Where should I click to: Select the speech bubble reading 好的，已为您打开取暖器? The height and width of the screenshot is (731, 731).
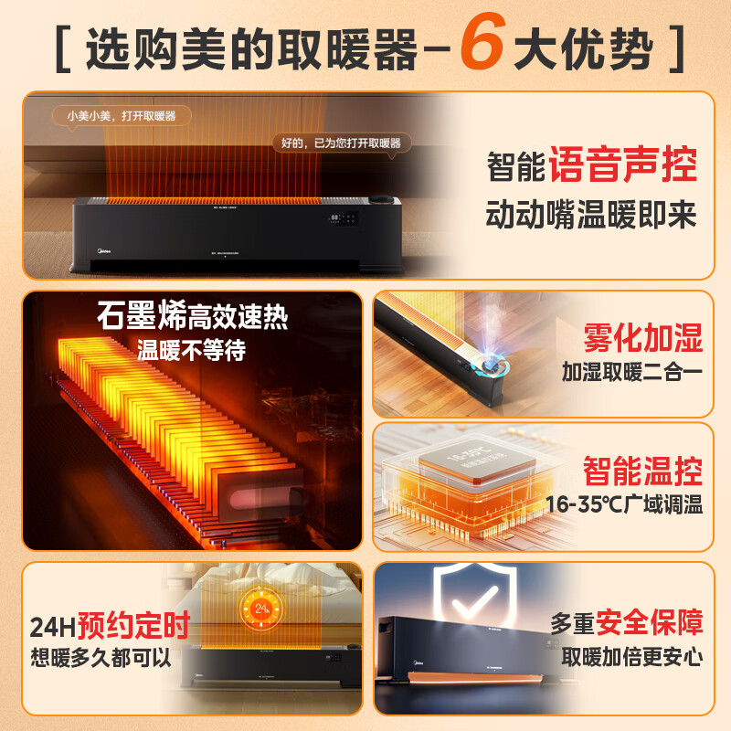pyautogui.click(x=341, y=143)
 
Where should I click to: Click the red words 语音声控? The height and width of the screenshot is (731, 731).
pyautogui.click(x=623, y=167)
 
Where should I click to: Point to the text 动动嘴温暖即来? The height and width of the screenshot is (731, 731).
pyautogui.click(x=590, y=216)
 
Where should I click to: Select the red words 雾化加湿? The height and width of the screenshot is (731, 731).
pyautogui.click(x=643, y=339)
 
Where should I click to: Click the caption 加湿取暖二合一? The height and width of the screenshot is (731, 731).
pyautogui.click(x=632, y=372)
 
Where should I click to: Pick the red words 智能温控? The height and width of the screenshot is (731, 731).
pyautogui.click(x=643, y=471)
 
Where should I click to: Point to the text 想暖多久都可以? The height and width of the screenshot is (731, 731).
pyautogui.click(x=101, y=657)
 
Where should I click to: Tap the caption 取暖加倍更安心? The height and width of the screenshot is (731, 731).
pyautogui.click(x=632, y=657)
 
